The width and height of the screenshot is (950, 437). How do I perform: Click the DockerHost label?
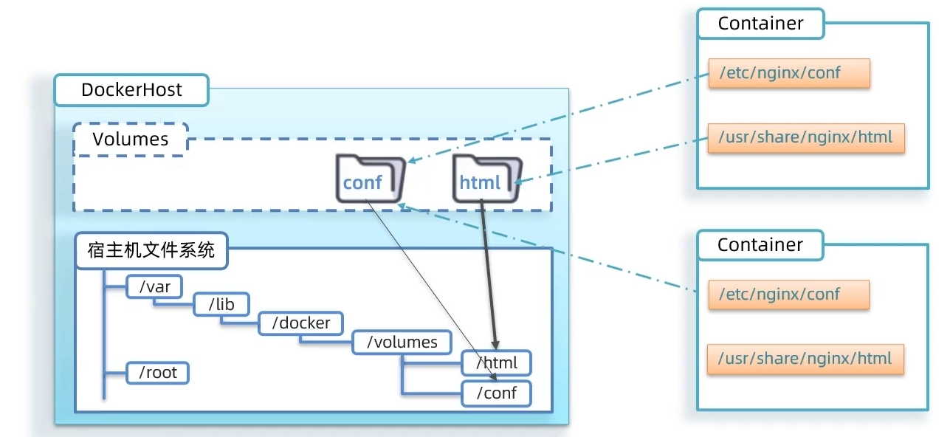tap(131, 91)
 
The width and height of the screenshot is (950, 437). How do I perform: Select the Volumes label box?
tap(131, 140)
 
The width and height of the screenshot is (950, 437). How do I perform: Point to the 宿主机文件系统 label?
tap(151, 251)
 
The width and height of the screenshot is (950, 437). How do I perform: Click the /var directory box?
tap(154, 287)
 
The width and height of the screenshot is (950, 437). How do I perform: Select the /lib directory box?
tap(221, 305)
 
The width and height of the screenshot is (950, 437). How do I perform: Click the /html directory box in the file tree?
tap(496, 363)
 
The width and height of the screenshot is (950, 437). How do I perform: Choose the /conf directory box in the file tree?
tap(496, 393)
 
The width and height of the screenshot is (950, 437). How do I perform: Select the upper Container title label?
tap(760, 24)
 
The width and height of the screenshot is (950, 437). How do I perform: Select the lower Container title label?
tap(760, 245)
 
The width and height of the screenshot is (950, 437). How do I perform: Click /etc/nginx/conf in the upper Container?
tap(789, 74)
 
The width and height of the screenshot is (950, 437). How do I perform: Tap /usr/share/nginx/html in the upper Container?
tap(806, 137)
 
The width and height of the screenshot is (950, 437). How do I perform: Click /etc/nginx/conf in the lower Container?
tap(788, 295)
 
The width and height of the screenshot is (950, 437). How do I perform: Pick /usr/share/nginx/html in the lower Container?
tap(805, 359)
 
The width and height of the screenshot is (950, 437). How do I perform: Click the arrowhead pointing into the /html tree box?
tap(496, 345)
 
